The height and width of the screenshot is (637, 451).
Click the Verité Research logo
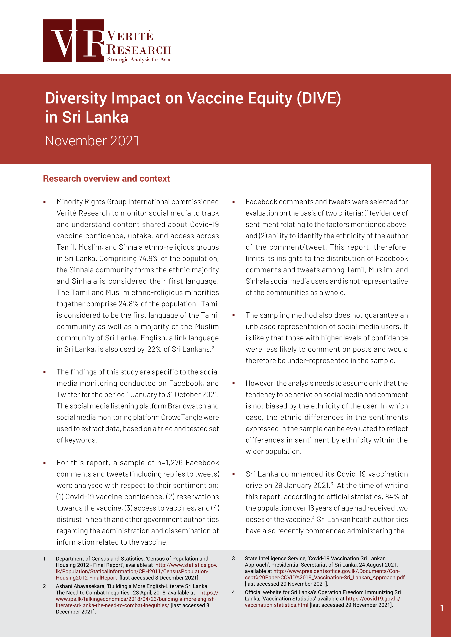(107, 41)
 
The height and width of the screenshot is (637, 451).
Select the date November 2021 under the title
(92, 141)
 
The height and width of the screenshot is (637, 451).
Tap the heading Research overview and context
(106, 178)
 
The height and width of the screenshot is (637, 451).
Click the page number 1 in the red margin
(442, 608)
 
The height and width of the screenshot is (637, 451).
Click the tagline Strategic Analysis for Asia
(139, 59)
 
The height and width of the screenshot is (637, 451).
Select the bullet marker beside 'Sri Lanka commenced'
(234, 474)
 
